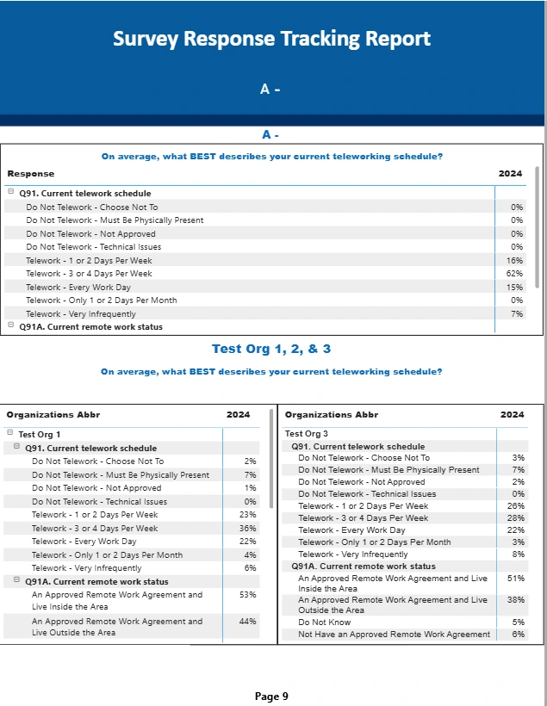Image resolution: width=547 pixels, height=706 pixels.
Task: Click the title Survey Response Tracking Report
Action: [x=272, y=39]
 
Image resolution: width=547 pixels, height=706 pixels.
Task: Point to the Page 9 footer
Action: [x=272, y=696]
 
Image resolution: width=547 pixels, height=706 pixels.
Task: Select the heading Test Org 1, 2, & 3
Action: [x=271, y=349]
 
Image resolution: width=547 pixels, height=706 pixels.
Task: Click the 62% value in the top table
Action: [x=514, y=274]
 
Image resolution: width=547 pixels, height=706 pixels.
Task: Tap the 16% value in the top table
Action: [x=514, y=260]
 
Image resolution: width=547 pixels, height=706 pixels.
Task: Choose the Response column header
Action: [x=31, y=174]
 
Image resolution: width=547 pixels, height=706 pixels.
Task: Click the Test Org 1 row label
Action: [x=40, y=435]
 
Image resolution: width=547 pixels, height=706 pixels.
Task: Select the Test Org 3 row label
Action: [x=307, y=434]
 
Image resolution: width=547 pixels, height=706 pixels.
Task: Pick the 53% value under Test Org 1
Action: [x=248, y=595]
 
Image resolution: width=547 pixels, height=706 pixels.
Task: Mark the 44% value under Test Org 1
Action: [x=248, y=621]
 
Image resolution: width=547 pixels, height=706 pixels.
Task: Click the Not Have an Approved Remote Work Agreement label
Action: [x=394, y=635]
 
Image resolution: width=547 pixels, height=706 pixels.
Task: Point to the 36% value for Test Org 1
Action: [x=248, y=528]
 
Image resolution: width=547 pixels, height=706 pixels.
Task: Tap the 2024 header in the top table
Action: [x=510, y=174]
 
